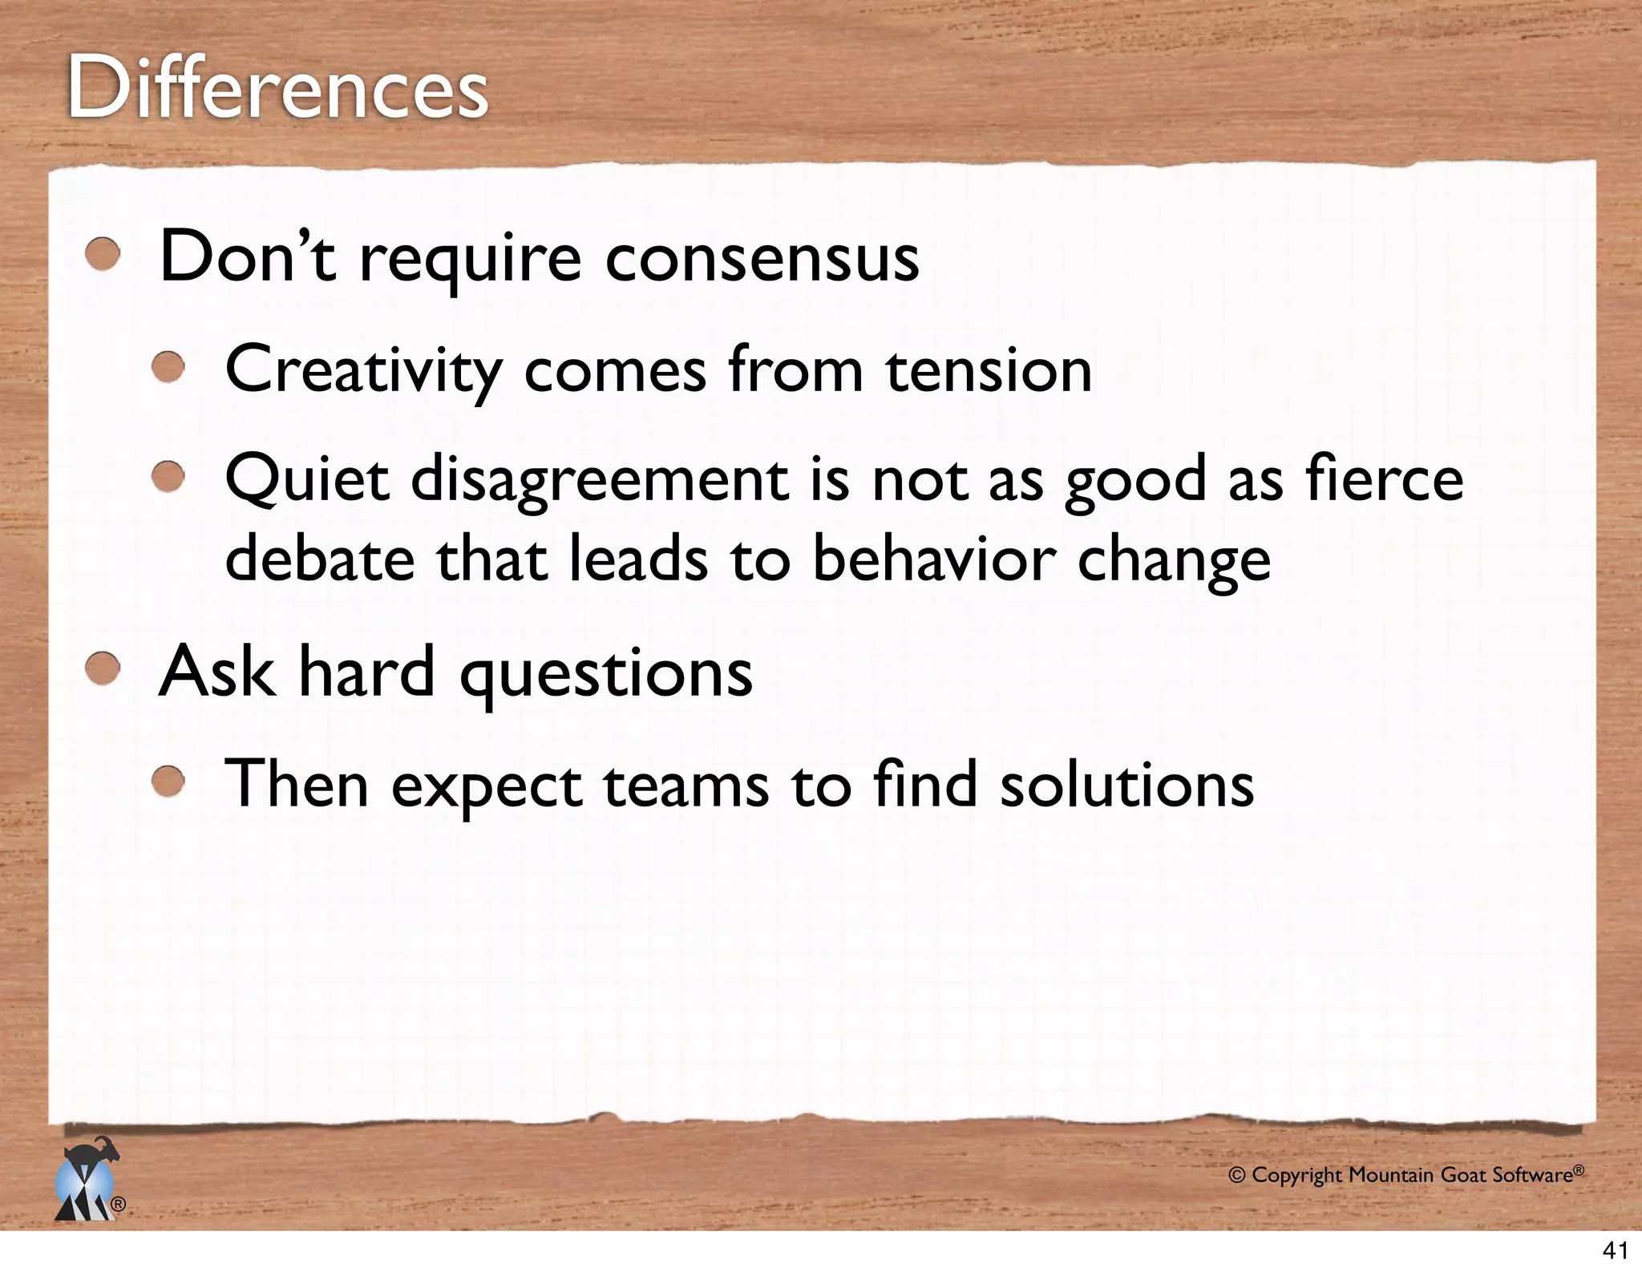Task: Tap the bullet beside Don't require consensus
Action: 103,255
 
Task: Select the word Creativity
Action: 363,370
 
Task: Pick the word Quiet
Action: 307,479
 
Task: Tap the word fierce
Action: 1384,479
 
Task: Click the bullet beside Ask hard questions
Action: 103,669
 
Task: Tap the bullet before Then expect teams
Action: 169,781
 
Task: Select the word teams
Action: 686,785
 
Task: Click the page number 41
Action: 1615,1250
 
